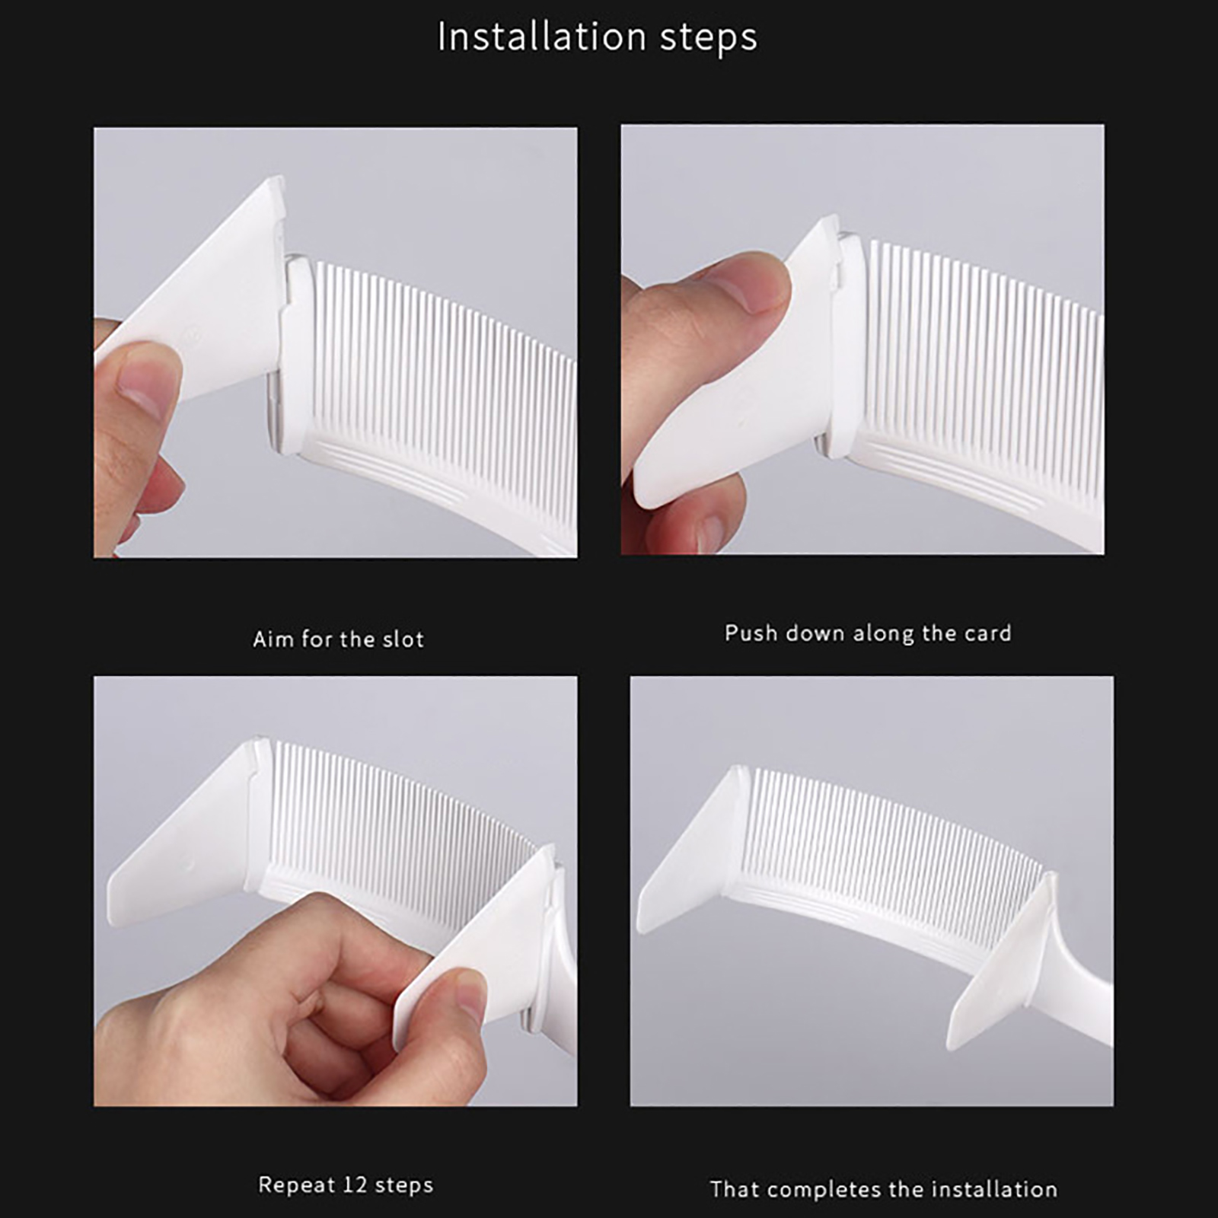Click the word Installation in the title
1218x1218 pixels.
click(x=542, y=37)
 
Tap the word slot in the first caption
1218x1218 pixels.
click(x=403, y=639)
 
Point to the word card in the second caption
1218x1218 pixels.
click(x=988, y=633)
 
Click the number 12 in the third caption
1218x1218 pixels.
click(x=355, y=1185)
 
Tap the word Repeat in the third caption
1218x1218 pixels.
click(x=297, y=1186)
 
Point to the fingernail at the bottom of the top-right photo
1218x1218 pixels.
click(x=710, y=531)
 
